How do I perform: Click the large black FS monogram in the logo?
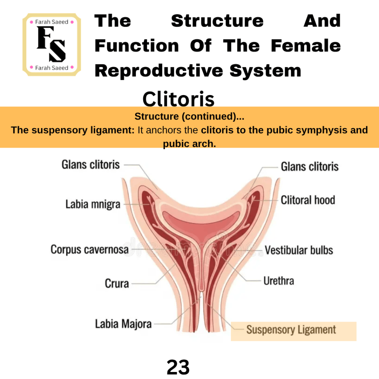[51, 44]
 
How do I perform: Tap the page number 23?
[178, 367]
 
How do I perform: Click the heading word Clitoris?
[179, 99]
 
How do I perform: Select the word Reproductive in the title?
[159, 71]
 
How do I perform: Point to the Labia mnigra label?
[93, 204]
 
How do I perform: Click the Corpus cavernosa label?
[90, 249]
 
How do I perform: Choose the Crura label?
[117, 283]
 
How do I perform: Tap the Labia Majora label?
[123, 324]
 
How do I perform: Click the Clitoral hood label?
[308, 200]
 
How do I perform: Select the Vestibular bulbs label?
[299, 250]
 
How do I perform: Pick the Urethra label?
[279, 281]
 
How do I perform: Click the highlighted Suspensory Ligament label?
[291, 330]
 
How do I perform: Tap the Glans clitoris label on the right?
[310, 167]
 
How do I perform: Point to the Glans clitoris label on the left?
[91, 165]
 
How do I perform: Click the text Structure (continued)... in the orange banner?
[189, 117]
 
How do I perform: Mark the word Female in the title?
[306, 46]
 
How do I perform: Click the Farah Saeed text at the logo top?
[52, 22]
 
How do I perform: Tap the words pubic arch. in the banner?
[189, 144]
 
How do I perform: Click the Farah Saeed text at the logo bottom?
[52, 68]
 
